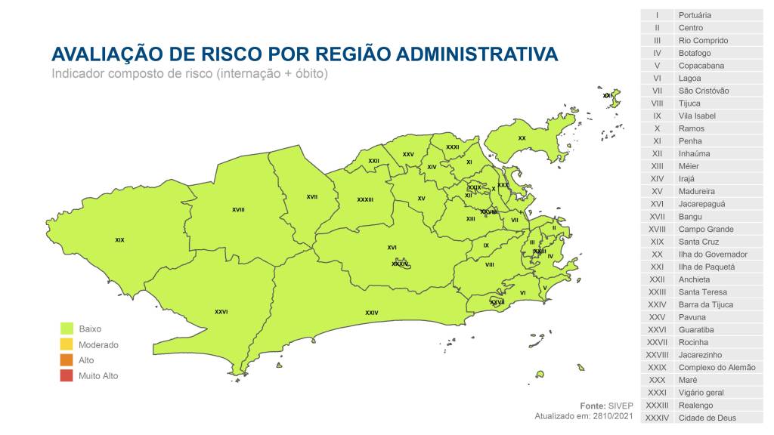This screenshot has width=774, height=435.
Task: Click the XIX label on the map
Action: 119,240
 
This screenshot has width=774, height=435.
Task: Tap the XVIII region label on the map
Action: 238,209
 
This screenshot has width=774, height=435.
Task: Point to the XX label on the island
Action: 522,138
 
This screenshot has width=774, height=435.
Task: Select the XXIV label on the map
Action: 371,313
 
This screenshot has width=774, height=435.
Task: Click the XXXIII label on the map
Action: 365,199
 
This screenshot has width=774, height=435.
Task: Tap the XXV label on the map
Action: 408,154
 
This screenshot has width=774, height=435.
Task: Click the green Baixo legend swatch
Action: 67,329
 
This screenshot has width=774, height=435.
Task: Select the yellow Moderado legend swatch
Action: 67,344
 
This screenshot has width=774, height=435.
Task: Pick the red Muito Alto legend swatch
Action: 67,375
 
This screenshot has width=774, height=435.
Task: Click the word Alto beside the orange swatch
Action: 86,360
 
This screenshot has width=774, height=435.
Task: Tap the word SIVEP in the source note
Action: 621,406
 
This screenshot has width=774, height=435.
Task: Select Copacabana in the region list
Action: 701,66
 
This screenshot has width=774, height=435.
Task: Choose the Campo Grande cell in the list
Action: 706,229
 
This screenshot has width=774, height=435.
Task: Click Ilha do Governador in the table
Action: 713,255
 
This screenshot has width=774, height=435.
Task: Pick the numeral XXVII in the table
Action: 657,342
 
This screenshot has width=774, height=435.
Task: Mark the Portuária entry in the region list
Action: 695,15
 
